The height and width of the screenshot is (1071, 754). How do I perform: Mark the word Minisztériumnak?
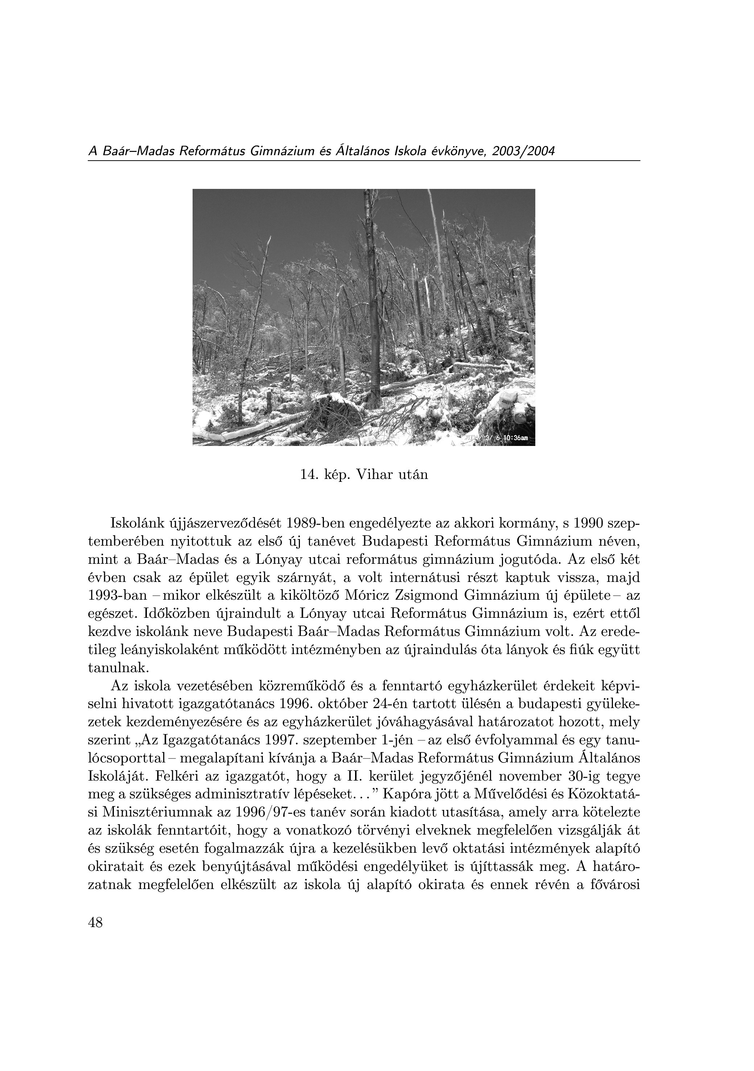click(154, 812)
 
